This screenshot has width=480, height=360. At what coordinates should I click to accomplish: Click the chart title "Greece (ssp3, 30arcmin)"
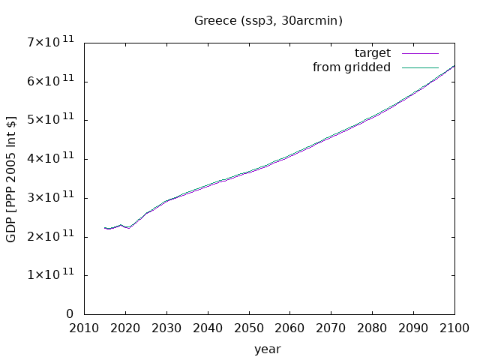tap(268, 21)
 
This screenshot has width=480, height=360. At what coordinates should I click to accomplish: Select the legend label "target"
tap(373, 53)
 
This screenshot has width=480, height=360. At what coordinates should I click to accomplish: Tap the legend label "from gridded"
tap(352, 67)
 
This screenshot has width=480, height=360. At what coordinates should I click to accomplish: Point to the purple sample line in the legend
tap(420, 53)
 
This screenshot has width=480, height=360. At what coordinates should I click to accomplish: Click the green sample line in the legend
tap(420, 67)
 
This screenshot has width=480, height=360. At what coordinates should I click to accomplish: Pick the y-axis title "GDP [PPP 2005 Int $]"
tap(10, 179)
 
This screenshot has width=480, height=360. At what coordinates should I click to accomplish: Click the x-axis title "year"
tap(268, 349)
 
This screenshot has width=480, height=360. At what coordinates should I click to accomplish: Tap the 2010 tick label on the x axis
tap(84, 328)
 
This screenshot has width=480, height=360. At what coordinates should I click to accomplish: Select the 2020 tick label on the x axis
tap(125, 328)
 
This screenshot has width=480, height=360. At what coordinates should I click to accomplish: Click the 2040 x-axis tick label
tap(208, 328)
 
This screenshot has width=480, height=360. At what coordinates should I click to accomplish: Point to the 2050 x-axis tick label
tap(249, 328)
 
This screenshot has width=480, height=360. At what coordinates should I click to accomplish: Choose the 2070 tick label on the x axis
tap(331, 328)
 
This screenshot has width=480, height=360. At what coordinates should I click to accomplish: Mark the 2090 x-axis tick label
tap(413, 328)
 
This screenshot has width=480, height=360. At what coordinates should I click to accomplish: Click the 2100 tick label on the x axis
tap(454, 328)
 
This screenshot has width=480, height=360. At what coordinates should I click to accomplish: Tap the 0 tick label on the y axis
tap(70, 313)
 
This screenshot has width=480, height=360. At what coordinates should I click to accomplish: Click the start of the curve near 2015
tap(105, 228)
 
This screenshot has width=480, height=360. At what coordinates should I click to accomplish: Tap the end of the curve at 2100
tap(454, 66)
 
